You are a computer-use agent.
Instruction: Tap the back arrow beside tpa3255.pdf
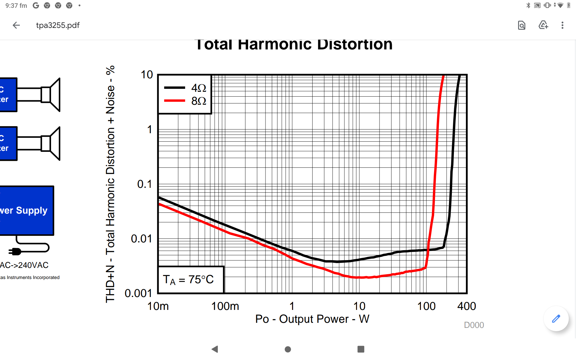point(16,25)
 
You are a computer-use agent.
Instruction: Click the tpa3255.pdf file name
point(58,25)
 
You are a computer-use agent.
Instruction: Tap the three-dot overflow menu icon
point(562,25)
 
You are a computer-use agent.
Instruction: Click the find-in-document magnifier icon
point(522,25)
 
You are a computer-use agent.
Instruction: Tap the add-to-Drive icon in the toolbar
point(543,25)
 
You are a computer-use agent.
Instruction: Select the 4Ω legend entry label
point(199,88)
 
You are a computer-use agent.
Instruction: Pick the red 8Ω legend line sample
point(175,101)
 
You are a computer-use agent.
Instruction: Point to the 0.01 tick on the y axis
point(141,239)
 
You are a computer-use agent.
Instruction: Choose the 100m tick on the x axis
point(225,306)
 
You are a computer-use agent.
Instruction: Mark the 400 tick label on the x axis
point(466,306)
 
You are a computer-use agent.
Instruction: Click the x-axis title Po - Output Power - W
point(312,319)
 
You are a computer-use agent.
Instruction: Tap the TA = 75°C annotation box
point(191,280)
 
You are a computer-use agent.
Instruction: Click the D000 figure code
point(474,325)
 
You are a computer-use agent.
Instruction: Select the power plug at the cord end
point(15,251)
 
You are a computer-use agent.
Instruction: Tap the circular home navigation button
point(288,349)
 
